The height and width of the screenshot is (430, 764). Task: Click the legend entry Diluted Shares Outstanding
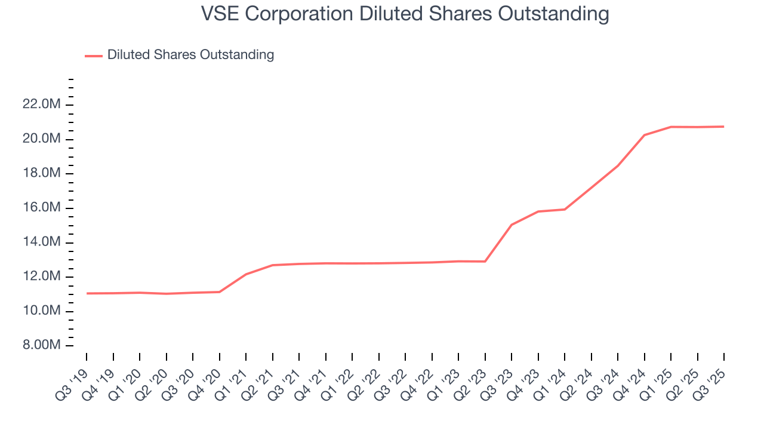190,55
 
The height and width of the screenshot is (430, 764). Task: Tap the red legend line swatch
94,56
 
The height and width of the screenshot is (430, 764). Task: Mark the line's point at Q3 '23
512,225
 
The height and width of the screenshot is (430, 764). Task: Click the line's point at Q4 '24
645,135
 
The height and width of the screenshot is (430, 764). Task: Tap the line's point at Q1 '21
246,274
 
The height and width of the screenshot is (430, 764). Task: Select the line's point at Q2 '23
485,261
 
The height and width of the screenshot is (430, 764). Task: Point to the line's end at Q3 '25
724,127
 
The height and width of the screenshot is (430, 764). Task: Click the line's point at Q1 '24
565,209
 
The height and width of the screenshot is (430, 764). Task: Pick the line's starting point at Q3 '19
87,293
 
